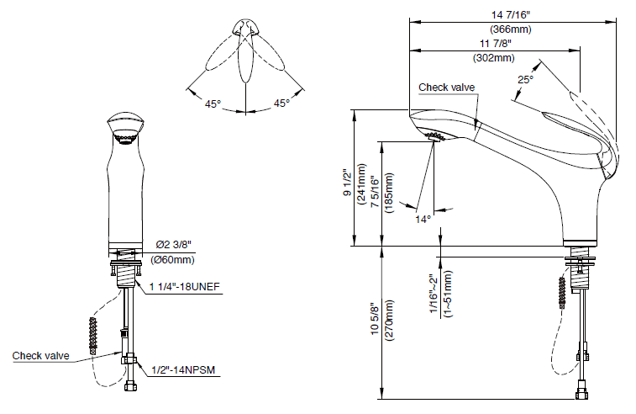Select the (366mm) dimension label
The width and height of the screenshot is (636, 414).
coord(511,28)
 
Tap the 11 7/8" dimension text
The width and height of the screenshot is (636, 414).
coord(495,43)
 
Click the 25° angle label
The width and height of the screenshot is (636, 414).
coord(526,80)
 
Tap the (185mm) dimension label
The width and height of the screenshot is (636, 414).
coord(389,192)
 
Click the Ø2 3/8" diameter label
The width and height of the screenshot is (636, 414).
coord(174,246)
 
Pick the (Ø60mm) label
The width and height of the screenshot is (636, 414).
coord(173,259)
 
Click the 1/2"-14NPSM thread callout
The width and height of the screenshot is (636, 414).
coord(182,369)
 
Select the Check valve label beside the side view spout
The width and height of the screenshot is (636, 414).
coord(447,87)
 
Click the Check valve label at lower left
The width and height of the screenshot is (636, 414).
coord(40,356)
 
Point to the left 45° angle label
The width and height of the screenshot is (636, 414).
coord(213,103)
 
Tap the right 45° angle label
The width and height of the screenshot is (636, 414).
coord(281,103)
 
